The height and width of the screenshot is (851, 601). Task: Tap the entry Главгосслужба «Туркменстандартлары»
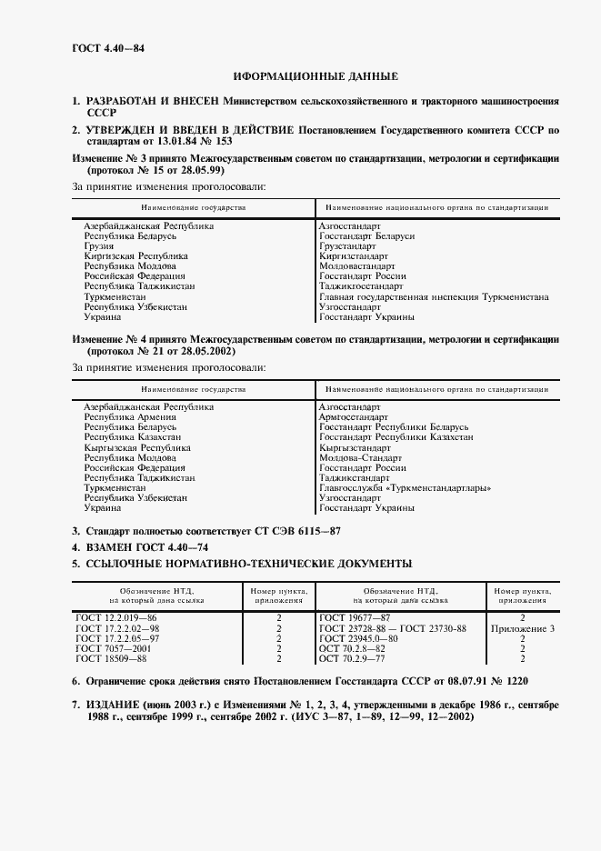(x=406, y=488)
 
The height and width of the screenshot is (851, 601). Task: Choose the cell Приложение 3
(x=522, y=628)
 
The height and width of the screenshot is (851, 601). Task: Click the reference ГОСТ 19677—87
(x=354, y=618)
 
